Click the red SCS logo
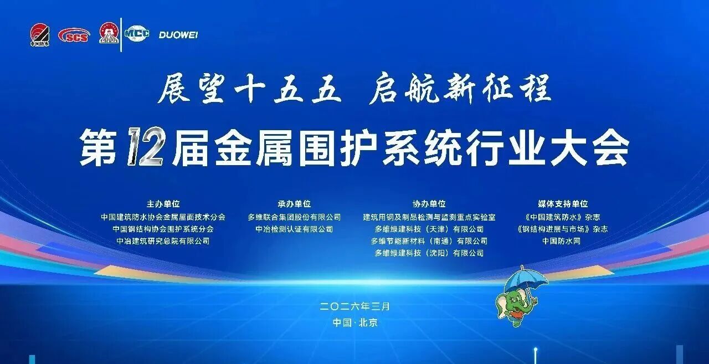(73, 35)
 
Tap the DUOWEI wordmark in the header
(178, 35)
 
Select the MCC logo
(137, 33)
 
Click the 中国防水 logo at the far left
(39, 35)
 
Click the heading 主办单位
(163, 204)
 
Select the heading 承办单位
(294, 204)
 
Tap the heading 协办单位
(429, 204)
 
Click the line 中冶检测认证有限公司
(294, 229)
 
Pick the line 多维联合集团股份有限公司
(294, 217)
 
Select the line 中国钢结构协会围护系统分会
(163, 229)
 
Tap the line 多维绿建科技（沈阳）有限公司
(429, 253)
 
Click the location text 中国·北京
(354, 322)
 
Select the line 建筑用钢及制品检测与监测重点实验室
(429, 217)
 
